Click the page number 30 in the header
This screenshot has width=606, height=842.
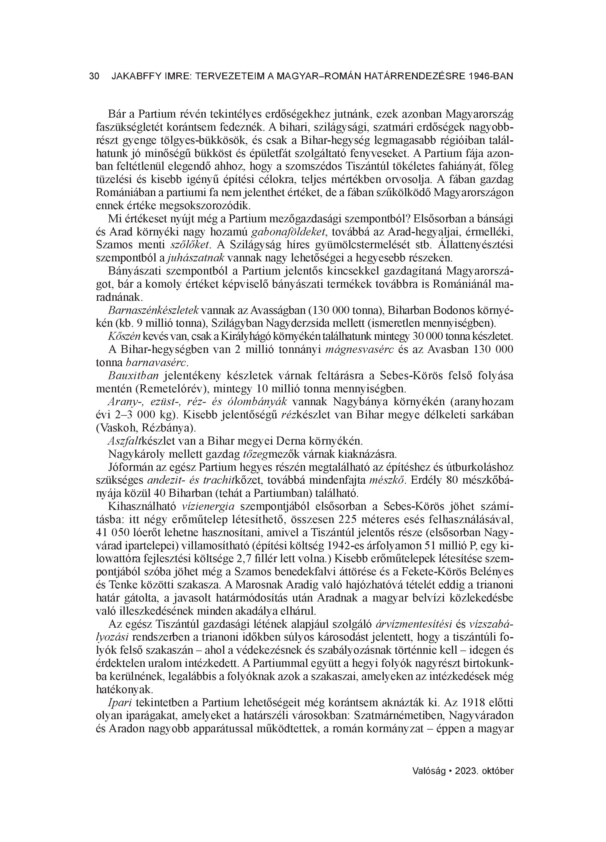coord(94,76)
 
